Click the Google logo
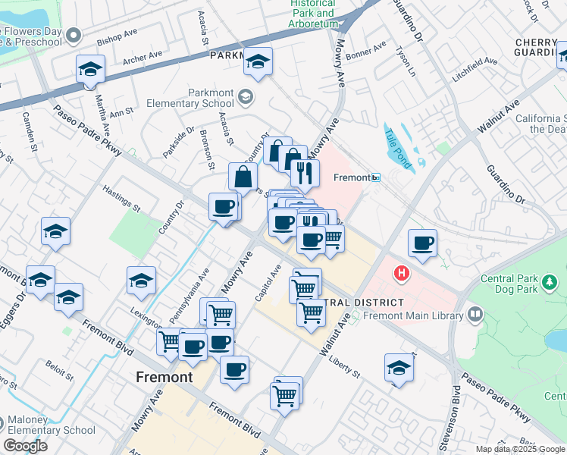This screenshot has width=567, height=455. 25,446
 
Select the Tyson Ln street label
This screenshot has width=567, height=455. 406,62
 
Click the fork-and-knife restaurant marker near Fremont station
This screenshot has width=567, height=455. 305,174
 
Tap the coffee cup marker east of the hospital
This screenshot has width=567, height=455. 423,243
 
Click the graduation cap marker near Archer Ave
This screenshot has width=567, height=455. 91,70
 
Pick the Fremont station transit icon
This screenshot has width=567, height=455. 375,177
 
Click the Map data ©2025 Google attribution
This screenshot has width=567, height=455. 521,449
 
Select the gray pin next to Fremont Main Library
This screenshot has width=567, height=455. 475,312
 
